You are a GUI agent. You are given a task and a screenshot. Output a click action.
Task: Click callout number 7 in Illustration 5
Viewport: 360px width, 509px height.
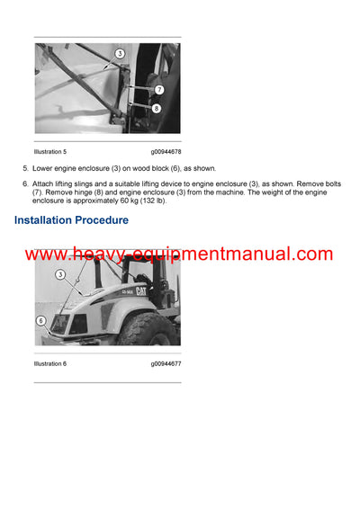[157, 90]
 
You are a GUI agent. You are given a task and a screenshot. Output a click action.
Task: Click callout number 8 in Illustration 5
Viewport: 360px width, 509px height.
[157, 108]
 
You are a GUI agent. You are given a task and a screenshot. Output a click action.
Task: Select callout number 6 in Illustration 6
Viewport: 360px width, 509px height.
[41, 320]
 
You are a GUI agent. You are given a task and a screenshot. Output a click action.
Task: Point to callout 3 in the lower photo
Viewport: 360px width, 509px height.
[61, 274]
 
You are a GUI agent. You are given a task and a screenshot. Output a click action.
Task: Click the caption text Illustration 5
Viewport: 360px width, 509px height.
[50, 153]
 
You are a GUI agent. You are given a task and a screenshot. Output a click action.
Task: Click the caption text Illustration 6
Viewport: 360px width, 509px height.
[50, 363]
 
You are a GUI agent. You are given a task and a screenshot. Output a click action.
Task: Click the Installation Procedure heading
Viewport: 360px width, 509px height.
[71, 220]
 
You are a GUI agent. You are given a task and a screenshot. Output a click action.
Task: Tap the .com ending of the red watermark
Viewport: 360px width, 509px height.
[310, 254]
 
